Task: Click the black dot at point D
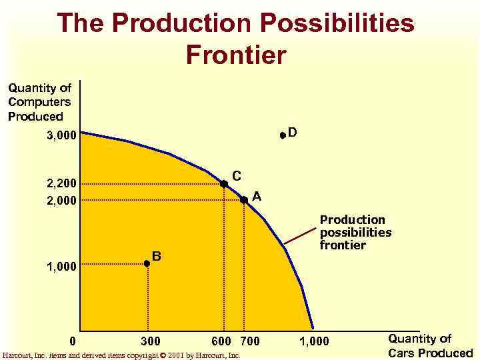[283, 135]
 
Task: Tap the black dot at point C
[224, 183]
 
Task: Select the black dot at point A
[244, 200]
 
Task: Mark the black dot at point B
[147, 264]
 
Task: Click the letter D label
[293, 133]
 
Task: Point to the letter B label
[157, 255]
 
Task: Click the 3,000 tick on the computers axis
[61, 136]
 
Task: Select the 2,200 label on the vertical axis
[61, 183]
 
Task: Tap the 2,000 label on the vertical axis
[61, 201]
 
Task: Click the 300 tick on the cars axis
[151, 342]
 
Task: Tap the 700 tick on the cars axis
[250, 342]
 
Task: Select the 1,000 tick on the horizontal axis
[314, 342]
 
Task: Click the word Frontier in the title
[237, 54]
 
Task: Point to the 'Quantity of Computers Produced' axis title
[39, 102]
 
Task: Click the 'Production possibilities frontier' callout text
[355, 232]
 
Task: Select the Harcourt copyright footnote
[121, 355]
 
